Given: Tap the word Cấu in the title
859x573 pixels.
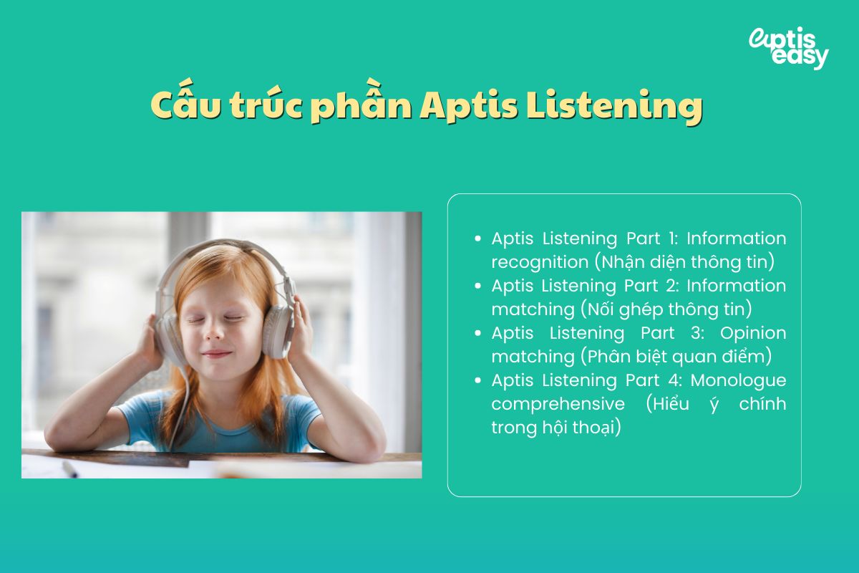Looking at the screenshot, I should pos(184,107).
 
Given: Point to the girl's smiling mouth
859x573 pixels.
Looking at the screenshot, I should pos(217,354).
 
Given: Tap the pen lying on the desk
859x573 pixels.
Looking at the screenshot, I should pos(69,469).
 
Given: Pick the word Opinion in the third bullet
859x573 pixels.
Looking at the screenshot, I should pos(752,332).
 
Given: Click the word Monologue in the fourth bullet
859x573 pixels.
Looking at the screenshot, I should pos(738,380).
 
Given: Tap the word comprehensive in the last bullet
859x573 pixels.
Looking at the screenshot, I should pos(558,403).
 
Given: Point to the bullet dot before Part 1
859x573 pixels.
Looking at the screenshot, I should pos(477,239).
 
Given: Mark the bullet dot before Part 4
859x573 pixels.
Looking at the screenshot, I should pos(477,380).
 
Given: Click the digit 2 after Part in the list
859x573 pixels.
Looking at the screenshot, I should pos(676,285).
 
